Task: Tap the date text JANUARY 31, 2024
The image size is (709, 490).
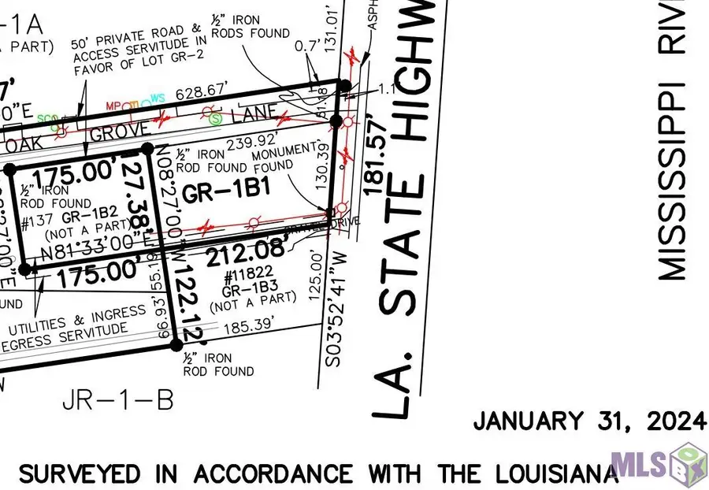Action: click(x=589, y=422)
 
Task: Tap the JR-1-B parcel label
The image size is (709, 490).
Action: click(x=118, y=400)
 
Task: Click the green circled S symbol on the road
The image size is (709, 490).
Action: click(x=216, y=120)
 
